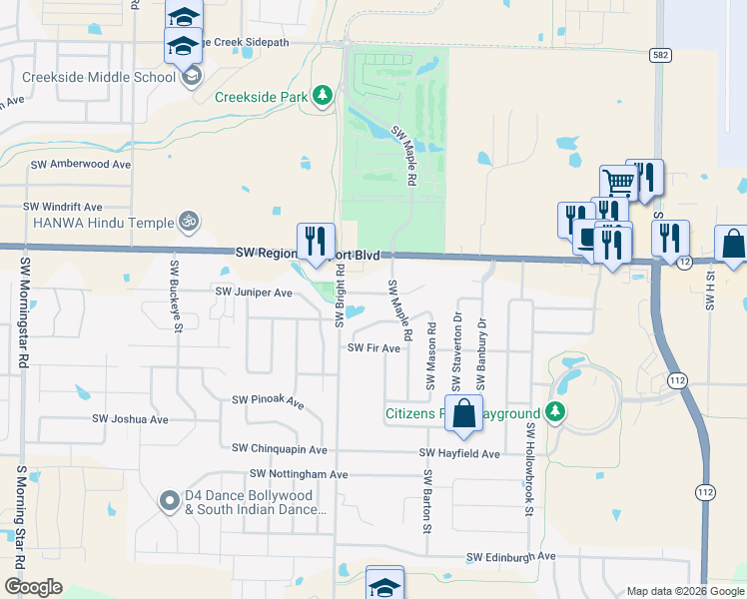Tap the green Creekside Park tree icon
pyautogui.click(x=322, y=96)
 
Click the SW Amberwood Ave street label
pyautogui.click(x=81, y=164)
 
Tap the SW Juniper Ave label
pyautogui.click(x=254, y=293)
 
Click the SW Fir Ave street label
pyautogui.click(x=373, y=347)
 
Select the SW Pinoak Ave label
pyautogui.click(x=268, y=400)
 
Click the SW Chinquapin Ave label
pyautogui.click(x=279, y=450)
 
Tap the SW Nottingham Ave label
pyautogui.click(x=299, y=474)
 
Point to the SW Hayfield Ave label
pyautogui.click(x=459, y=453)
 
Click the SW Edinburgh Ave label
pyautogui.click(x=509, y=556)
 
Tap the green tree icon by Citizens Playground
pyautogui.click(x=556, y=412)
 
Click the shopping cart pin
pyautogui.click(x=618, y=183)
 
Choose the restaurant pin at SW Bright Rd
pyautogui.click(x=316, y=241)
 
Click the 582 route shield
pyautogui.click(x=658, y=55)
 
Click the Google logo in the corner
pyautogui.click(x=34, y=587)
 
